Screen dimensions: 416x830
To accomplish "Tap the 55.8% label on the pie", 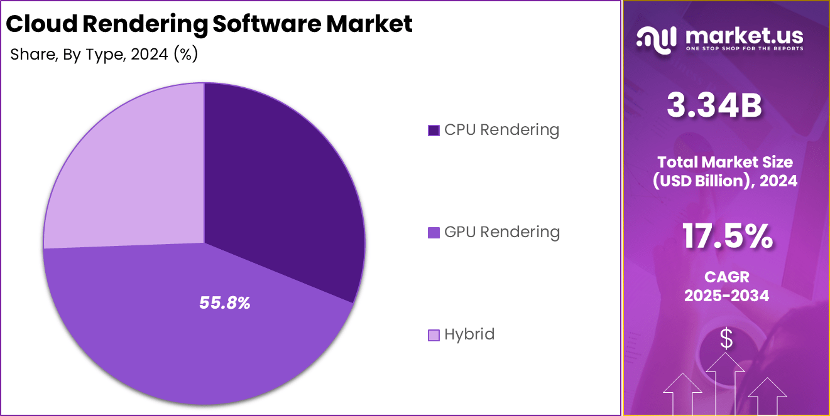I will pos(225,303).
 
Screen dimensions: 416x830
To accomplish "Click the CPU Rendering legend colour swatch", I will pos(434,131).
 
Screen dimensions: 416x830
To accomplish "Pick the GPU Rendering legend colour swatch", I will pos(434,233).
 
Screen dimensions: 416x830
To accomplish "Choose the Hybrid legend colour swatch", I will pos(434,335).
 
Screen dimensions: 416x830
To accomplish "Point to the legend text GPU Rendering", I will pos(501,232).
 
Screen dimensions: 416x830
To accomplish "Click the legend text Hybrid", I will pos(469,334).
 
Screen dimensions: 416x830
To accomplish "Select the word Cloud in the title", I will pos(42,24).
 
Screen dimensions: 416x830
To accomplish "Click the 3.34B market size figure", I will pos(714,106).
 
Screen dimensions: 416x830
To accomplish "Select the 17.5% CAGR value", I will pos(727,237).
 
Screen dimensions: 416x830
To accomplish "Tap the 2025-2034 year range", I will pos(726,296).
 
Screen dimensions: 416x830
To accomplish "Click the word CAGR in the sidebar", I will pos(726,277).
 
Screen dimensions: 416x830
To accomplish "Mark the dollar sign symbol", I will pos(726,339).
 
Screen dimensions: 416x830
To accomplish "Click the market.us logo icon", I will pos(656,39).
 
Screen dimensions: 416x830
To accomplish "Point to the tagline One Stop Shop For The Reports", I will pos(745,48).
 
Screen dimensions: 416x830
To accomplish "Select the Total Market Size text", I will pos(726,162).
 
